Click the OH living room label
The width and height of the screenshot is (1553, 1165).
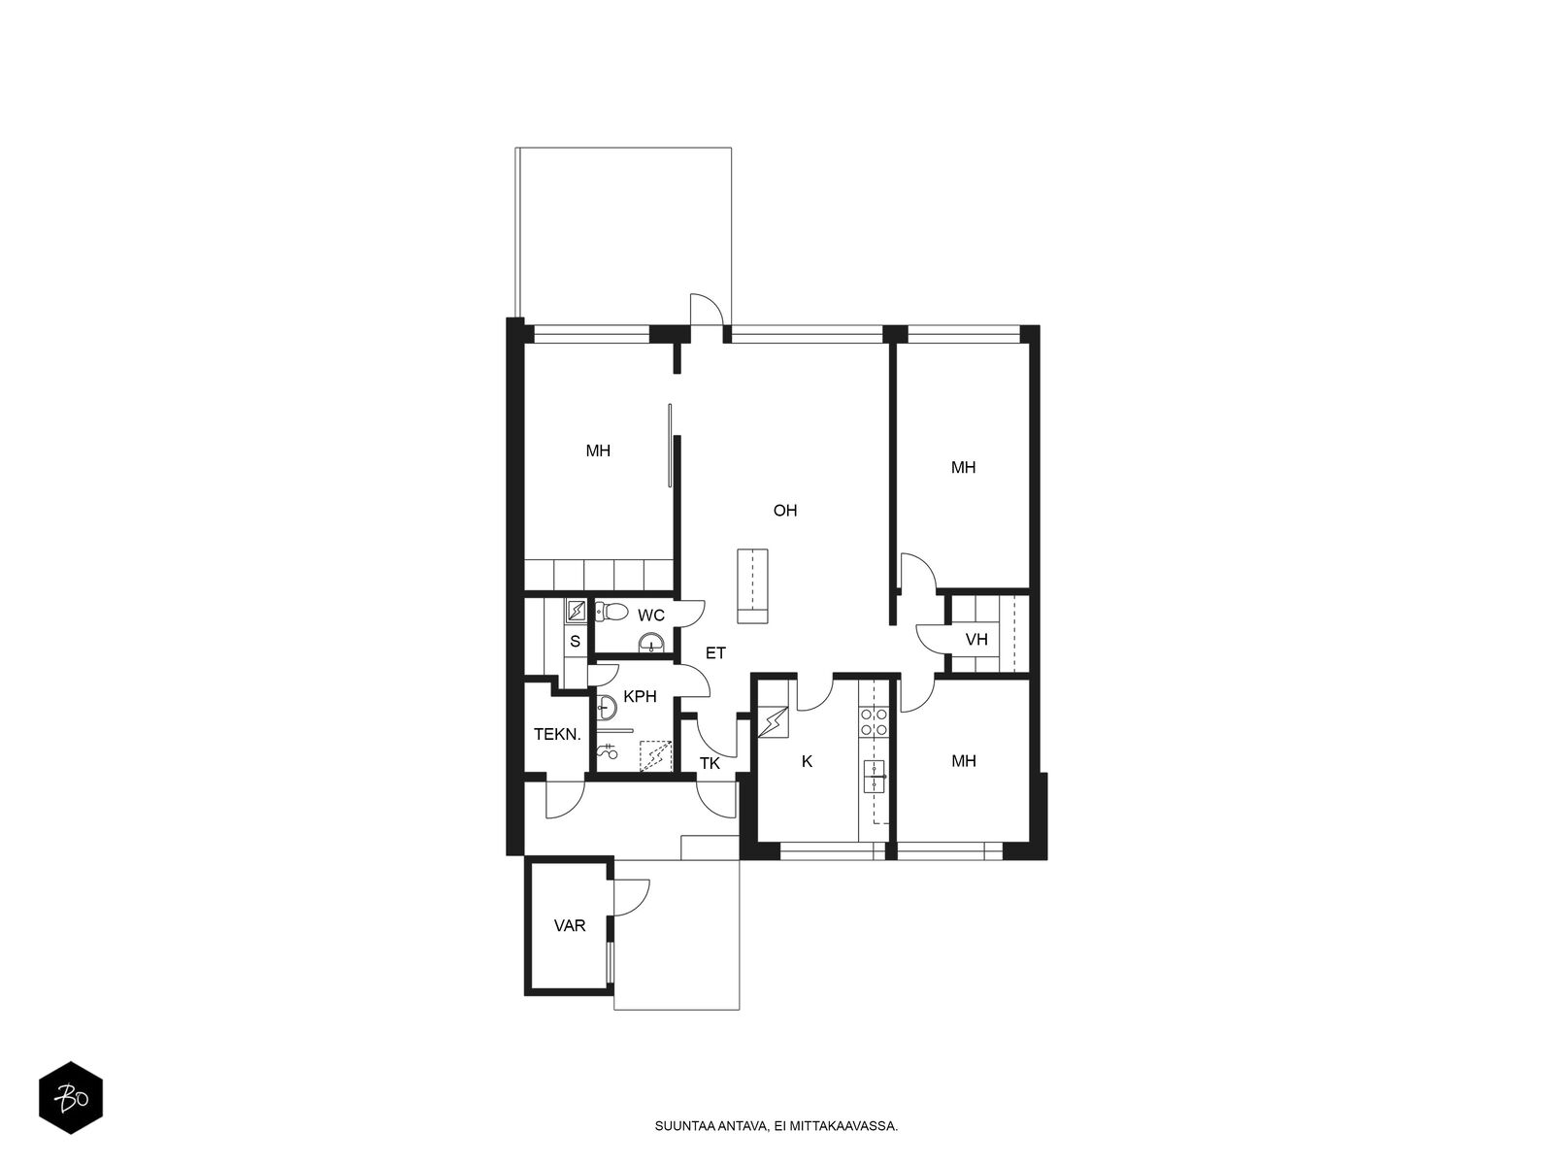[x=784, y=510]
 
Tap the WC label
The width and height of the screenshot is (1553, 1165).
[x=651, y=616]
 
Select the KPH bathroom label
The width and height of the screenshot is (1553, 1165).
[x=640, y=697]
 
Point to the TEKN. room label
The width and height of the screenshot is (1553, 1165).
[x=557, y=734]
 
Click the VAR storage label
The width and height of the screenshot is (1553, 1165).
[x=570, y=925]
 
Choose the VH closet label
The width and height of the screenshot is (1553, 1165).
[x=976, y=640]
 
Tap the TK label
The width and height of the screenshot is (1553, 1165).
[x=710, y=763]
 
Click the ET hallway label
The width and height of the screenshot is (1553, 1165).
[x=715, y=652]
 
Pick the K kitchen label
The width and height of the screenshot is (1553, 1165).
[x=807, y=761]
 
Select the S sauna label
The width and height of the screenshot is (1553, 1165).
[x=575, y=642]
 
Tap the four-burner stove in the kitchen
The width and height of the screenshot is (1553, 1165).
[x=873, y=721]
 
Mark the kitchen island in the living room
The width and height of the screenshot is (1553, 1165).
[x=752, y=585]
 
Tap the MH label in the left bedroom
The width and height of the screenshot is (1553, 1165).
[x=598, y=450]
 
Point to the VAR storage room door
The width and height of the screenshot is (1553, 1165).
[x=631, y=897]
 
